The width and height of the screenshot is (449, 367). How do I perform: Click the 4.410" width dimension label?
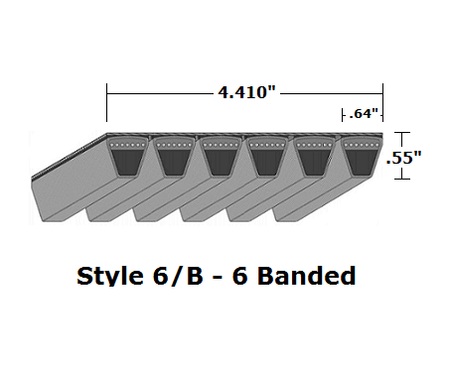[x=246, y=92]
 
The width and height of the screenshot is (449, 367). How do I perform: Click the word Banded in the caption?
[x=303, y=275]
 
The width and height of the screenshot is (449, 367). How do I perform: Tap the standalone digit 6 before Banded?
[x=238, y=275]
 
